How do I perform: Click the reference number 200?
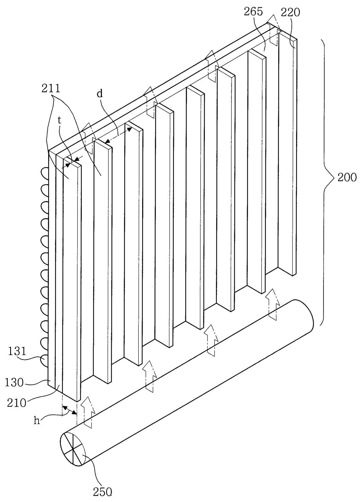pos(347,177)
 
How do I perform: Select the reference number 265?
pos(253,12)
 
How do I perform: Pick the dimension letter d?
pos(100,94)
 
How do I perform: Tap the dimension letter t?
pos(60,121)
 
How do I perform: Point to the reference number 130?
pos(14,382)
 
